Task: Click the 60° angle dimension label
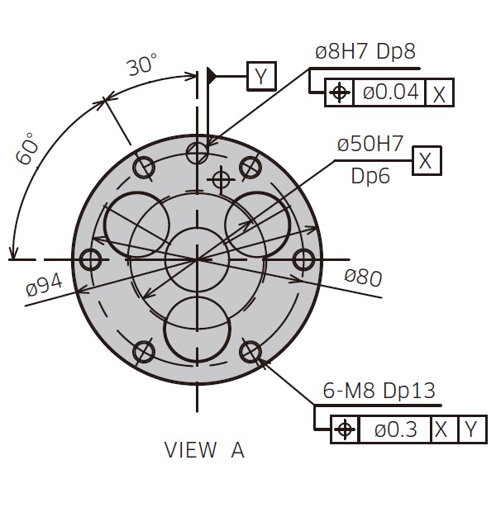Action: tap(28, 149)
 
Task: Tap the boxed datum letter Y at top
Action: tap(261, 76)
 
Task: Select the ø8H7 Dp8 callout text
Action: tap(365, 52)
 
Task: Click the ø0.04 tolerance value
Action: tap(391, 92)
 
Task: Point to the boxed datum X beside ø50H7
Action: tap(427, 160)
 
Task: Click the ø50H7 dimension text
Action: tap(370, 144)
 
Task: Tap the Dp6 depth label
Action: tap(370, 176)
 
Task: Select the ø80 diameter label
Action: tap(363, 277)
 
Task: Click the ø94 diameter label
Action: tap(44, 286)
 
